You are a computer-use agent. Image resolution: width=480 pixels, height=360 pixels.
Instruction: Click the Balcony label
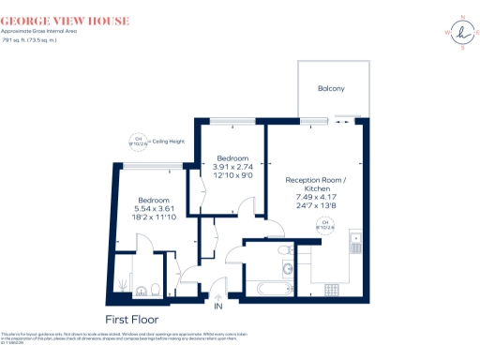(x=330, y=89)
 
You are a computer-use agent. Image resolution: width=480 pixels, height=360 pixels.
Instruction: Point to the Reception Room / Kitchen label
(x=315, y=184)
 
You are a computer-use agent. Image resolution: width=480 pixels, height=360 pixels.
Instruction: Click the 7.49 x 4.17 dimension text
(x=315, y=197)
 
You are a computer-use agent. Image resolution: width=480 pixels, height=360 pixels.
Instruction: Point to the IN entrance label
(x=219, y=307)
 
